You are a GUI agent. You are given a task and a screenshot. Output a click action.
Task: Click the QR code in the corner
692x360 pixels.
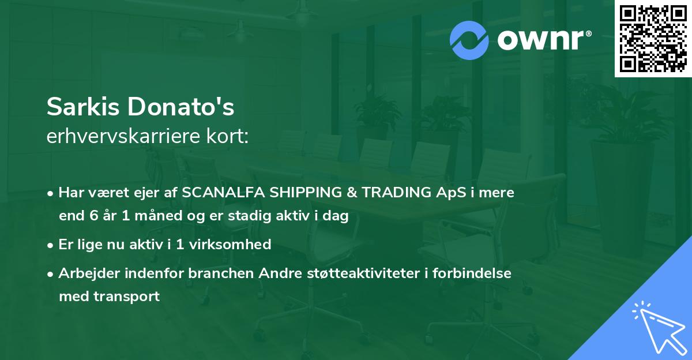click(x=653, y=39)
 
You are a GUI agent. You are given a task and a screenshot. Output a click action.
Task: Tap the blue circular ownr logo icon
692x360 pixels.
click(x=469, y=40)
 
